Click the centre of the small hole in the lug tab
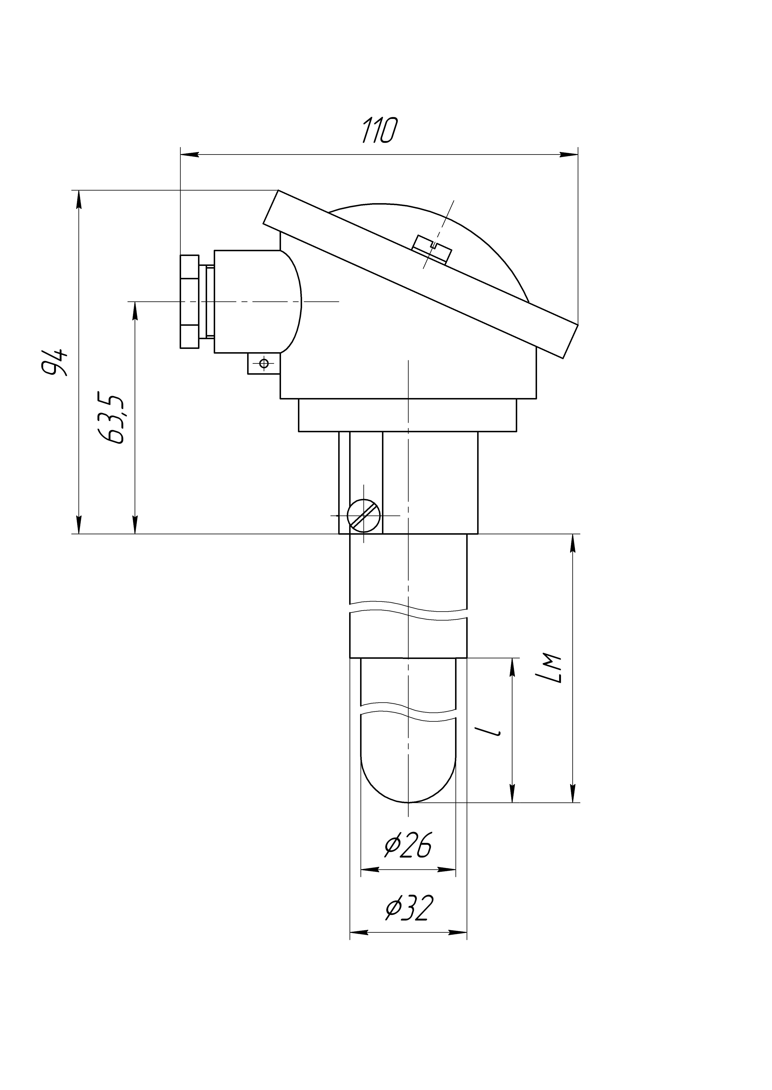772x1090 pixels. pos(264,364)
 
